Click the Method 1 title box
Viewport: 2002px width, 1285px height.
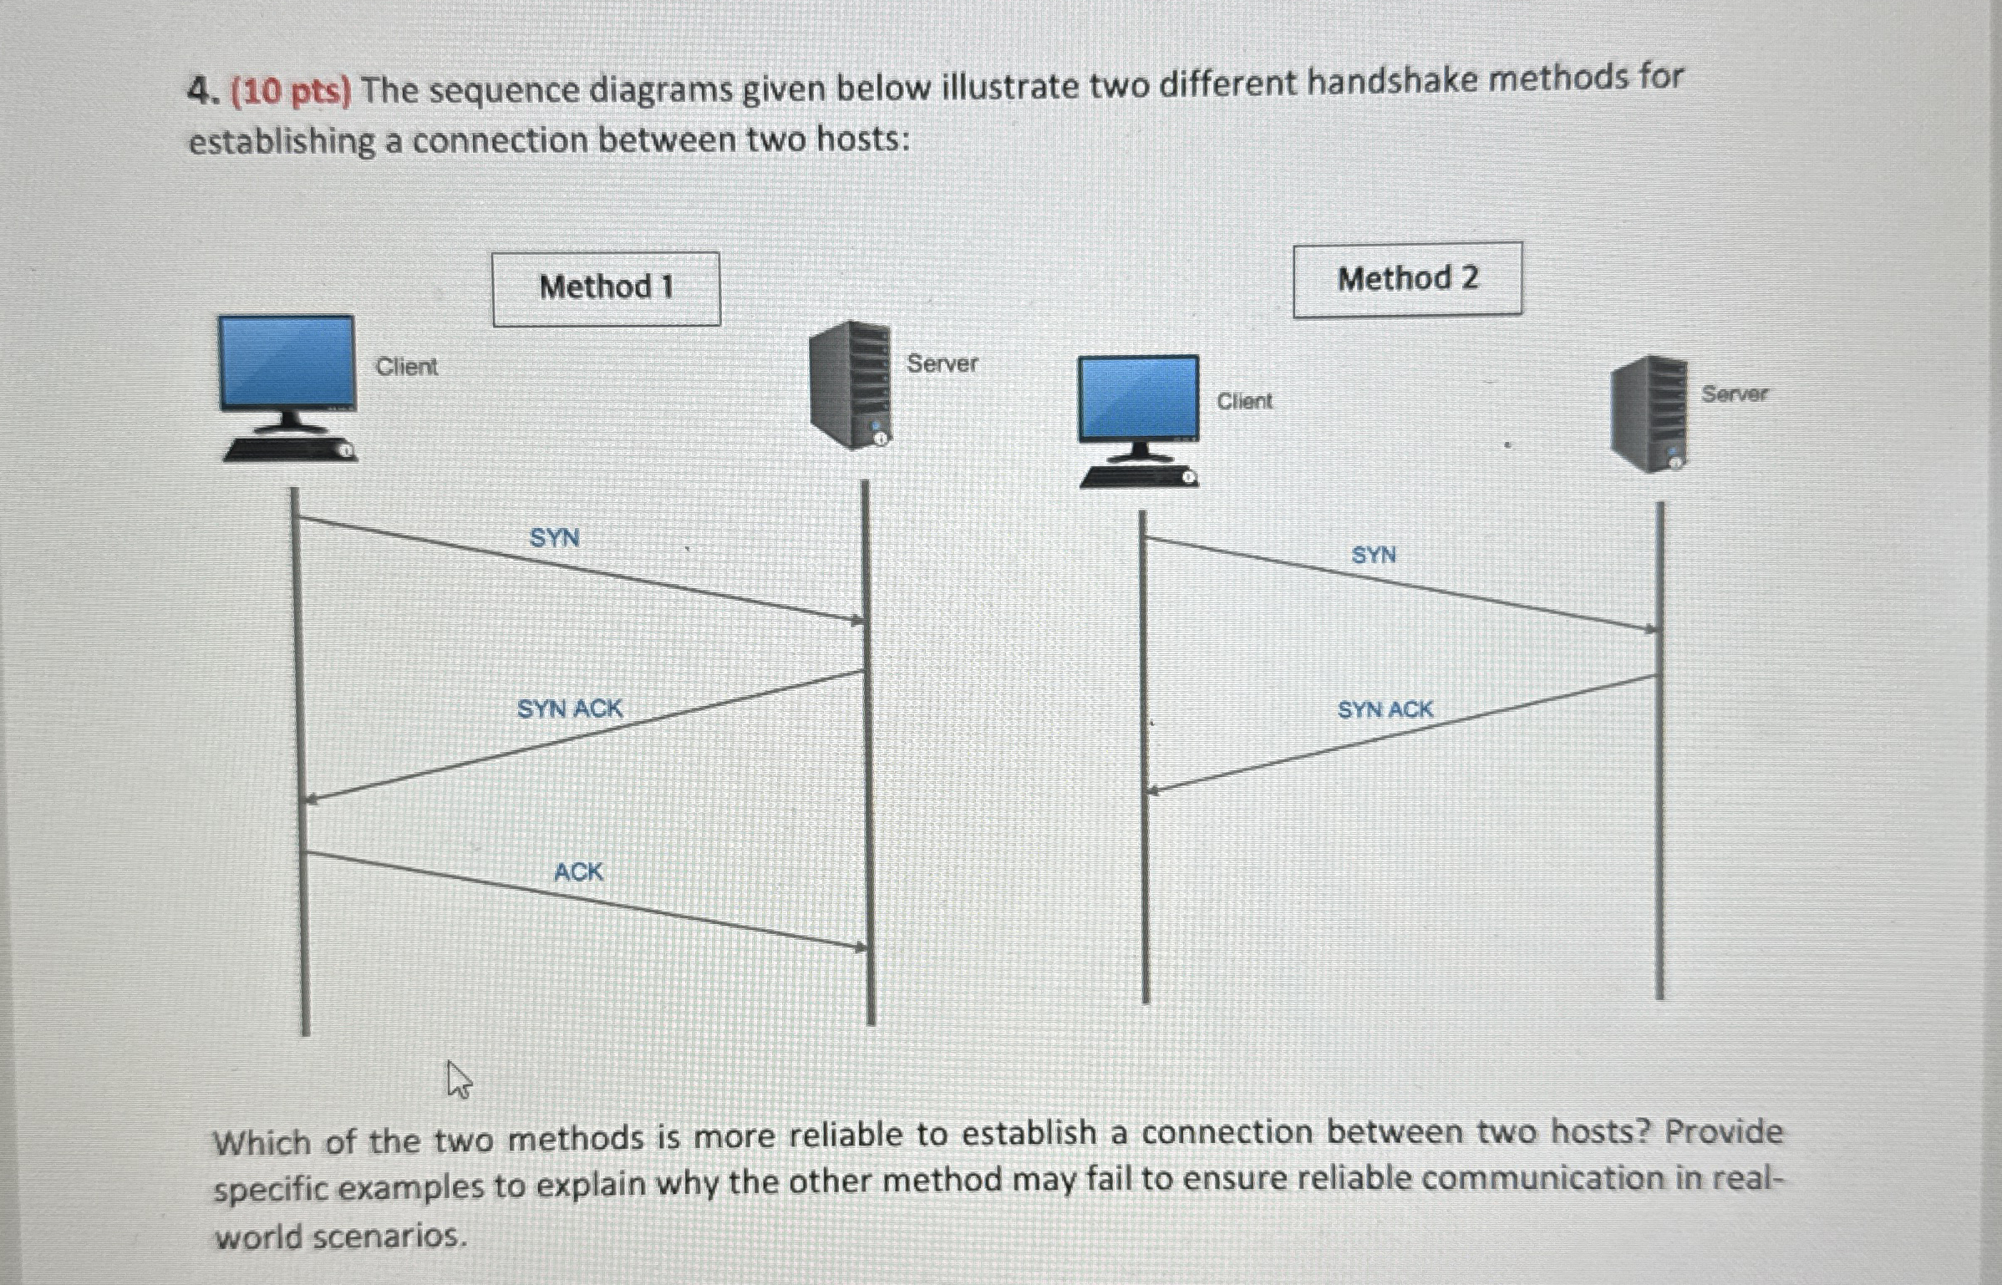tap(606, 288)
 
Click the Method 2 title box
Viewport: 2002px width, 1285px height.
tap(1407, 279)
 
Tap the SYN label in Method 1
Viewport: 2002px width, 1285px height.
tap(554, 537)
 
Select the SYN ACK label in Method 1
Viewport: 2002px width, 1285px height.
tap(569, 709)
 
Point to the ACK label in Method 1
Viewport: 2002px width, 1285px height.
tap(577, 872)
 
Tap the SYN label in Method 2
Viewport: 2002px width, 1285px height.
tap(1373, 555)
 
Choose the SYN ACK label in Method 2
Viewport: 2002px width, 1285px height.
tap(1385, 709)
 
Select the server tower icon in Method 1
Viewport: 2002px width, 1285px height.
tap(850, 385)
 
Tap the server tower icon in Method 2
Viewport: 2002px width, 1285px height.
tap(1649, 414)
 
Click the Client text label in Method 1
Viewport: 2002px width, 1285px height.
tap(406, 366)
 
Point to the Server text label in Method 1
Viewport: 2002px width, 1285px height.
tap(942, 363)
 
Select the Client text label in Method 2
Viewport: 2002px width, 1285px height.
tap(1244, 401)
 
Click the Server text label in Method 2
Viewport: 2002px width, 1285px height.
tap(1734, 394)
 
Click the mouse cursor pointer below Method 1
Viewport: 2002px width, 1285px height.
tap(458, 1079)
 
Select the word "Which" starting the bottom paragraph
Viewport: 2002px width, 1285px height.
tap(262, 1140)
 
